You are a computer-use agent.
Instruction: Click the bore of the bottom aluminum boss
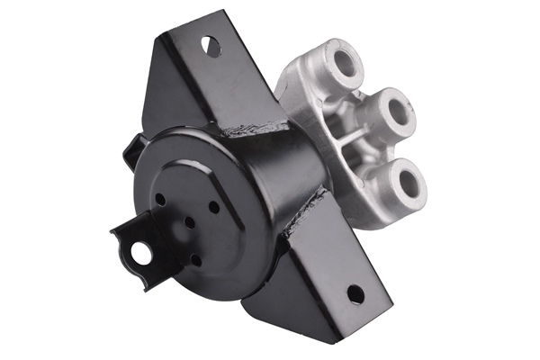tap(410, 184)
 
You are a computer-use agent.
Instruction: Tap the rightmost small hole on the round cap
tap(213, 206)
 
